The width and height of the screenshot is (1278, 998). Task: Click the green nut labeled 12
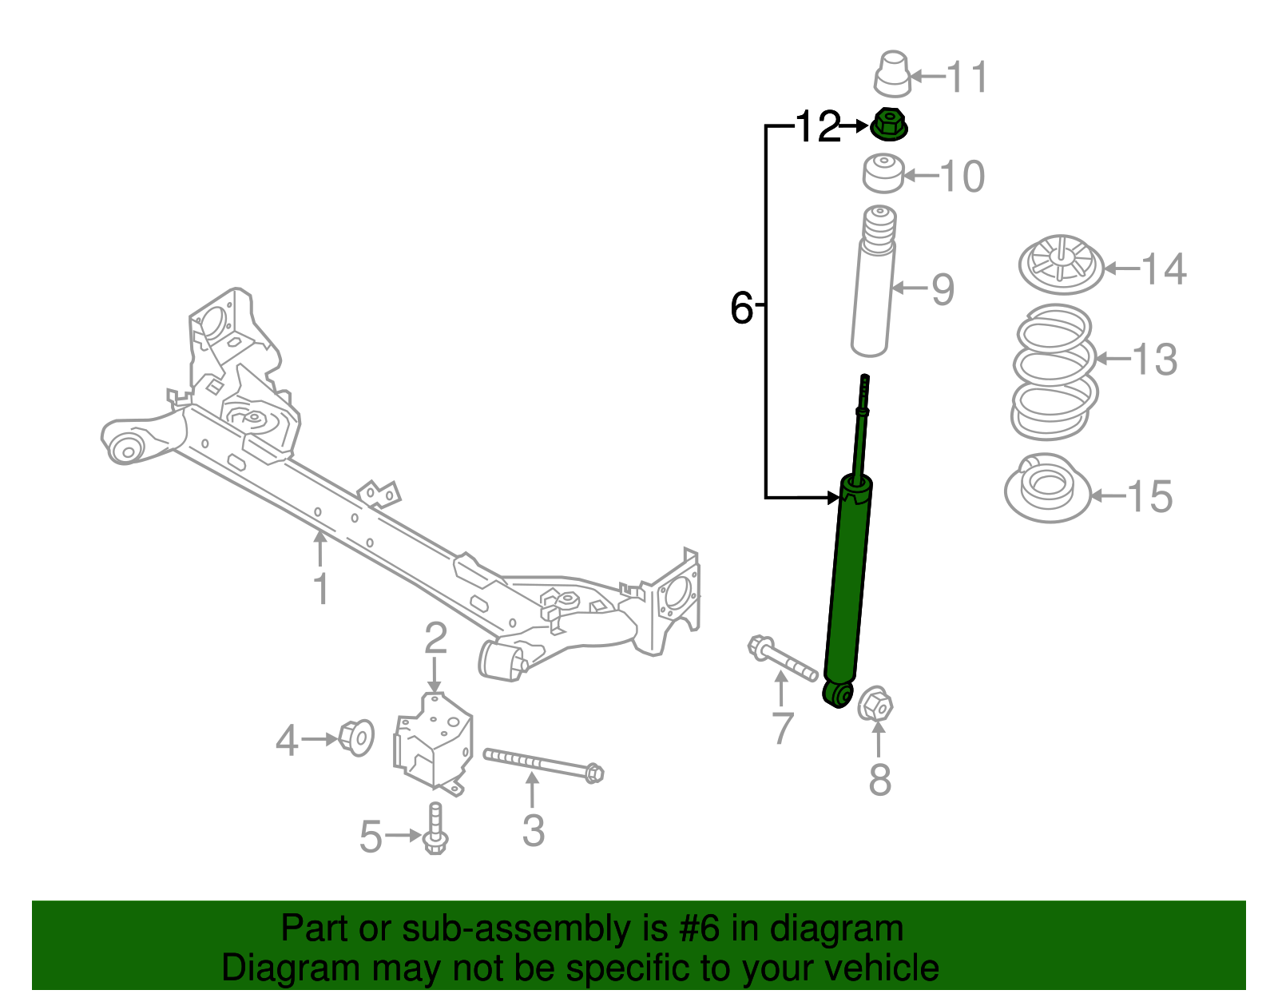[888, 125]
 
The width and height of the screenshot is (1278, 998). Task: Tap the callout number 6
[741, 308]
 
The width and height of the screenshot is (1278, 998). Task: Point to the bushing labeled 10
[883, 173]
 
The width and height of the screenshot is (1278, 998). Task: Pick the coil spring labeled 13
[1054, 372]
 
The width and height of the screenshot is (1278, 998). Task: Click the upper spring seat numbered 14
[1061, 264]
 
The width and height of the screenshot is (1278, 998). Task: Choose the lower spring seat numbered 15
[1047, 488]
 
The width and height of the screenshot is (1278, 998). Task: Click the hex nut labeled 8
[875, 704]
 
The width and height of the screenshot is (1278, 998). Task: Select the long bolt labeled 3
[543, 763]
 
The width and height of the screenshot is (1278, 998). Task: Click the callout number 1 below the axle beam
[320, 590]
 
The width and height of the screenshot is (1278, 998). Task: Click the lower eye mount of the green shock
[837, 694]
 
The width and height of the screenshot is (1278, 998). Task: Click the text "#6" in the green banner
[701, 929]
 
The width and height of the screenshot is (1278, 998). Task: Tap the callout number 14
[1164, 269]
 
